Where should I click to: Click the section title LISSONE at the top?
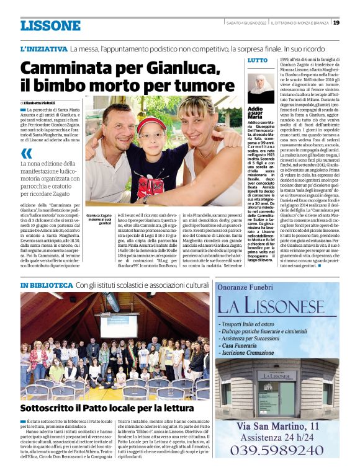point(50,25)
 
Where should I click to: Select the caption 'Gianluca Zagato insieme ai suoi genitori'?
point(99,218)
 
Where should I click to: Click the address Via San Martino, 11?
point(277,426)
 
